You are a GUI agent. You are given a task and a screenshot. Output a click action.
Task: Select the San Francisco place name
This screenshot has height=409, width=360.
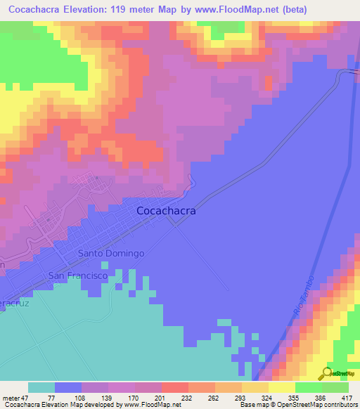(x=77, y=276)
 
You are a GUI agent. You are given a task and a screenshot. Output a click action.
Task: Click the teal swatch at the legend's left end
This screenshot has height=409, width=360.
(x=41, y=387)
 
